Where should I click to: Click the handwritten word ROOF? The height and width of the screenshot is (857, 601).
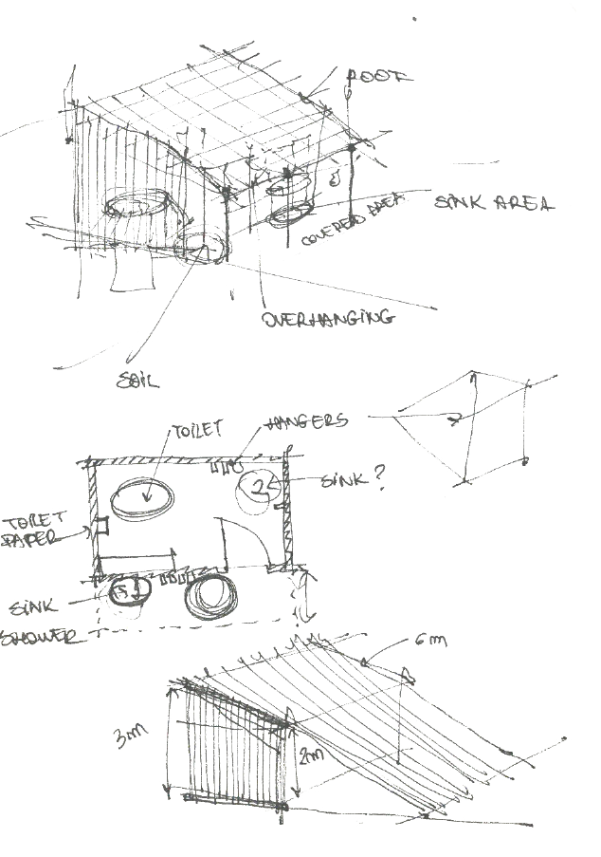coord(380,77)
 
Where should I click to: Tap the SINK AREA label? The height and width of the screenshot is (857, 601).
coord(493,203)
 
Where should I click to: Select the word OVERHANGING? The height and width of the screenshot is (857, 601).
coord(327,318)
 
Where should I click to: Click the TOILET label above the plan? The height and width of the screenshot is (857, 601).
coord(196,430)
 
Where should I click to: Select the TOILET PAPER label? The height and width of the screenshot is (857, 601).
coord(34,530)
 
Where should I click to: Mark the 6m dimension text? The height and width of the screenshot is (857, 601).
coord(429,643)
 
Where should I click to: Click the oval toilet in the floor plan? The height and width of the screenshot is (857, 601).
coord(142,499)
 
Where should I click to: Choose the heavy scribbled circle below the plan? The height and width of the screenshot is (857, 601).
coord(212,597)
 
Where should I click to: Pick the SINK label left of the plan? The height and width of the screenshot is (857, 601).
coord(33,605)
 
